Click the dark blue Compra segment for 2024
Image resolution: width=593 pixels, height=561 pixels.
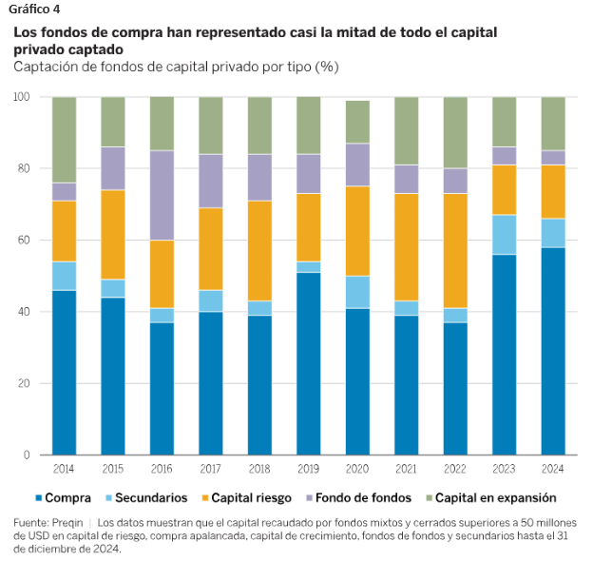[x=553, y=351]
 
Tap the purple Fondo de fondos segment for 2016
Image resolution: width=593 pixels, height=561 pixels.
[x=162, y=196]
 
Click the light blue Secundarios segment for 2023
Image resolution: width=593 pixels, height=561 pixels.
[x=505, y=235]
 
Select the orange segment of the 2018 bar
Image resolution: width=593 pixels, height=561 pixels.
[x=259, y=251]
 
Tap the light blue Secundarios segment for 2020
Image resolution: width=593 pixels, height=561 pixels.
[x=357, y=292]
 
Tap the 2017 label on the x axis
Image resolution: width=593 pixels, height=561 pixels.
[x=211, y=469]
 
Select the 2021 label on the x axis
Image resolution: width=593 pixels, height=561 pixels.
[x=407, y=469]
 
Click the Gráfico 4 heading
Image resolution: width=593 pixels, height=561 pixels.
[x=38, y=11]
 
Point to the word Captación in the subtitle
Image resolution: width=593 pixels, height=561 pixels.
[x=46, y=67]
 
